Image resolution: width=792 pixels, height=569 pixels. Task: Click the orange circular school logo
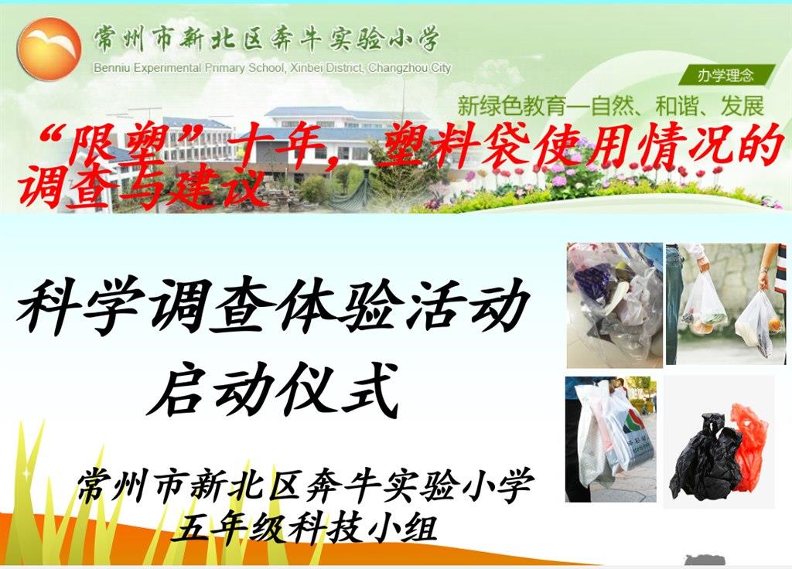[x=49, y=49]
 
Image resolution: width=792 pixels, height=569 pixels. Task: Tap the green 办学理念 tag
[x=725, y=76]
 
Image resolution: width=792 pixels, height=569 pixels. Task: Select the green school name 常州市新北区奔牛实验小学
[x=266, y=39]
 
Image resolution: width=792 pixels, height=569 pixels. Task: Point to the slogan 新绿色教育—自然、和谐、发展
[x=611, y=106]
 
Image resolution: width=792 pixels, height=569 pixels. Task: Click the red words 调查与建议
[x=142, y=186]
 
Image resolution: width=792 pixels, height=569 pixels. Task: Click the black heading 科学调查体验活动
[x=273, y=306]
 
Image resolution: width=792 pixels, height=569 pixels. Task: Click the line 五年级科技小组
[x=303, y=527]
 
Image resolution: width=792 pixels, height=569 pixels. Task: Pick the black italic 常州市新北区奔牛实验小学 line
[x=305, y=486]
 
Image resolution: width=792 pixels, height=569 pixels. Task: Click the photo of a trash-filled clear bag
[x=614, y=305]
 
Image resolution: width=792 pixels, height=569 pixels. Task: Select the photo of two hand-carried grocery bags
[x=725, y=304]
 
